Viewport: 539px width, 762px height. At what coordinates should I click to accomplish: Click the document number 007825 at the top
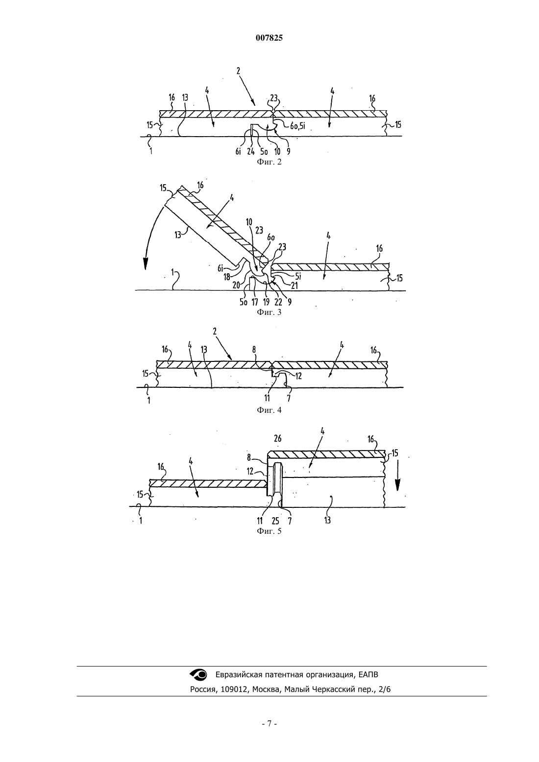point(269,38)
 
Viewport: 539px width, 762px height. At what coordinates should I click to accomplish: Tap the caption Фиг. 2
point(269,162)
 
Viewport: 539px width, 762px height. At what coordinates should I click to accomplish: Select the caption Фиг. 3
point(269,312)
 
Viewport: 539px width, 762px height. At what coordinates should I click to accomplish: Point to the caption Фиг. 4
point(269,410)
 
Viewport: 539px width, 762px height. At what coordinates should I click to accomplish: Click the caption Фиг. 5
point(269,531)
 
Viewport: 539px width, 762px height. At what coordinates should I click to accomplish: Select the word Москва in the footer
point(266,690)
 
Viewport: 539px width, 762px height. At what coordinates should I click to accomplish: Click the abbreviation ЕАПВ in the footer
point(368,674)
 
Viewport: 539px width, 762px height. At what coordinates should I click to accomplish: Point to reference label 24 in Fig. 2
point(251,152)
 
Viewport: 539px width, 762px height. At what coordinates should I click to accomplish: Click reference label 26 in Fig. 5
point(278,438)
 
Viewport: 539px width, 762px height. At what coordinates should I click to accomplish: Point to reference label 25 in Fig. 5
point(275,521)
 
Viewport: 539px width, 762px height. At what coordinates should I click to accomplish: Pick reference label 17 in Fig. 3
point(255,302)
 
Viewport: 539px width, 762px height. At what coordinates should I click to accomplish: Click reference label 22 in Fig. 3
point(278,302)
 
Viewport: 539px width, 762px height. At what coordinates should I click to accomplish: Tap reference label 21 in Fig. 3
point(294,286)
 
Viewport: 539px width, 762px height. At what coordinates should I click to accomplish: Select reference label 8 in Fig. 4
point(254,349)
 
